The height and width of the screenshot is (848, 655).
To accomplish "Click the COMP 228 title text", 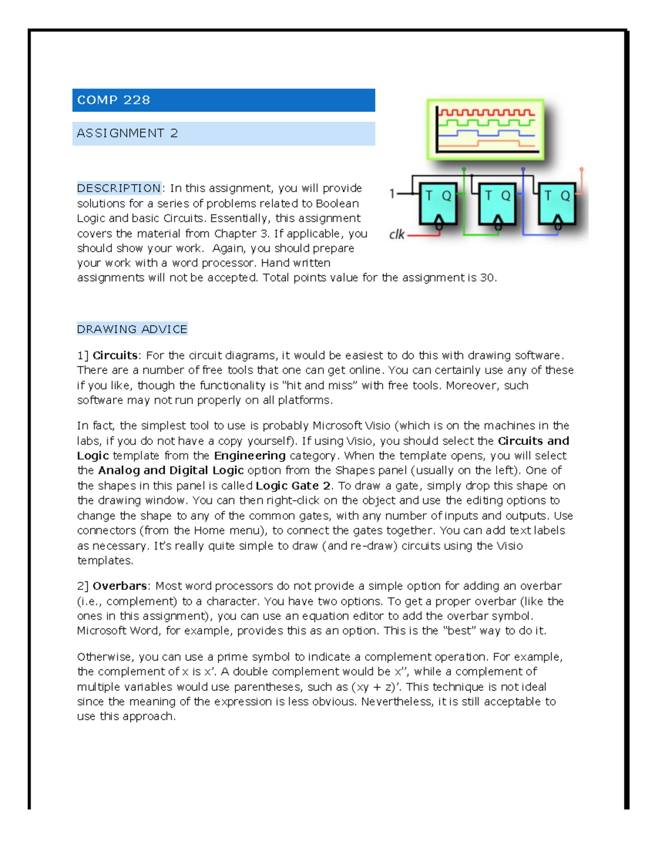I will [114, 100].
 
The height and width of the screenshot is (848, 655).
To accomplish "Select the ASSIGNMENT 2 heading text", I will [127, 133].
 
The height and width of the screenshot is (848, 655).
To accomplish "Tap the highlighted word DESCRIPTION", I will [119, 188].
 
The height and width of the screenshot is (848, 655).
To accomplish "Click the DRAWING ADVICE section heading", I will [132, 329].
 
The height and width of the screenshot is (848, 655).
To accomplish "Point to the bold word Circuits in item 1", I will [115, 355].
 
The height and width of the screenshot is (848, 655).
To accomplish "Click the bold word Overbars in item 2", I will [120, 586].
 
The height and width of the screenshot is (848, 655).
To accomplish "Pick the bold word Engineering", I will [249, 455].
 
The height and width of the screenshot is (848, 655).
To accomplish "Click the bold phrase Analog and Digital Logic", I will [171, 470].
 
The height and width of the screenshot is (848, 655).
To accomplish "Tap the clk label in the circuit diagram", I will [397, 235].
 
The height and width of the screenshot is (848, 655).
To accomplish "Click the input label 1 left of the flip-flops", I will [392, 193].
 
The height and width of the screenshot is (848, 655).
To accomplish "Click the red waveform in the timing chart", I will [486, 113].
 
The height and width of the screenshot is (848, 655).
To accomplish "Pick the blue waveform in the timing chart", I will [486, 133].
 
